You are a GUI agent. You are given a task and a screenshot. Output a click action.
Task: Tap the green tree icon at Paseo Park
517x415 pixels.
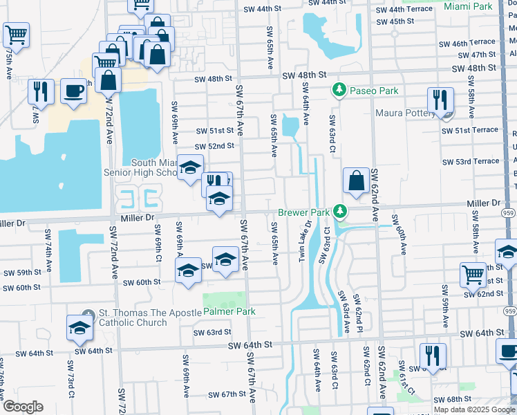(x=339, y=89)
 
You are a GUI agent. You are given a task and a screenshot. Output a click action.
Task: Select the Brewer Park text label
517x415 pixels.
(x=303, y=212)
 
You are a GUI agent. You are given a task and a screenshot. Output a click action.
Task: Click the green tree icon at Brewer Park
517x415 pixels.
(x=339, y=210)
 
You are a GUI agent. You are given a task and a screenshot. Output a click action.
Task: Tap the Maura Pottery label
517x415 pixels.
(x=408, y=113)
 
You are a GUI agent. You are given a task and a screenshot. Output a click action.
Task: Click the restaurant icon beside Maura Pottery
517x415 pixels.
(x=439, y=100)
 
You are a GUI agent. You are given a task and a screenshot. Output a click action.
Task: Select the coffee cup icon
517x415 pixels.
(x=74, y=91)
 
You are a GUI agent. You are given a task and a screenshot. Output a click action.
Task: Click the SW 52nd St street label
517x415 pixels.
(x=215, y=146)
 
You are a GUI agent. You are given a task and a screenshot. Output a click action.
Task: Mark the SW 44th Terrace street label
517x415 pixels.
(x=404, y=10)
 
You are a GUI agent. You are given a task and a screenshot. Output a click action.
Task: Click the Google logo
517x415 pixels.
(x=22, y=407)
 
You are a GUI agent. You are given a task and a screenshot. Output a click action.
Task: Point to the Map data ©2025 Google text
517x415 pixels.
(x=474, y=409)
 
